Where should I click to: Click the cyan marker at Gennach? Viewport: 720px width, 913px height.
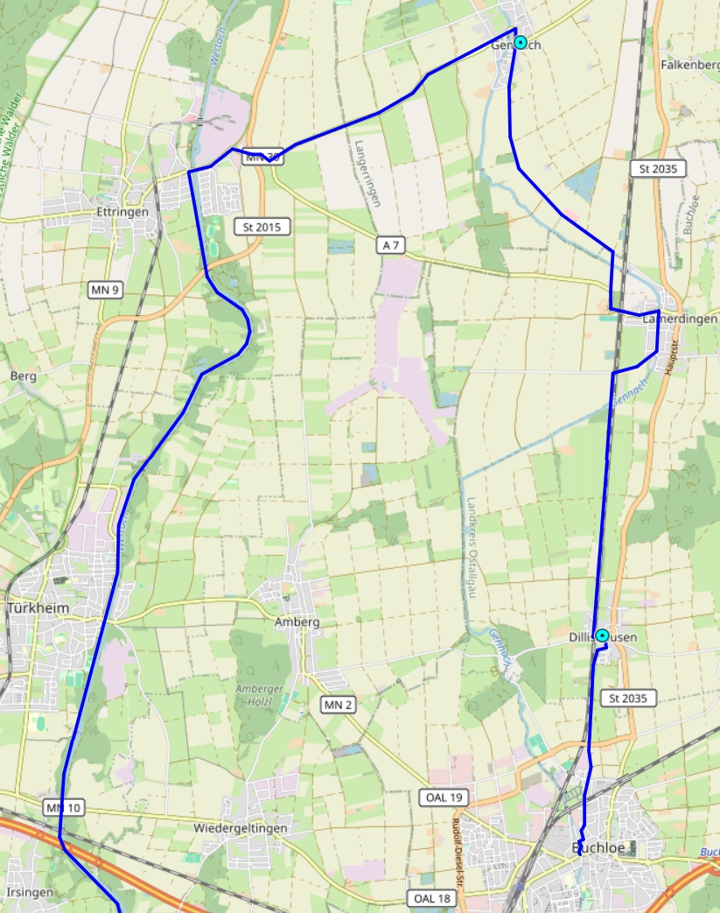tap(521, 42)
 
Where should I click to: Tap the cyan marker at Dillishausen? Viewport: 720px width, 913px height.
tap(602, 636)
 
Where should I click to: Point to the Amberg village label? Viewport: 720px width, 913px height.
tap(297, 622)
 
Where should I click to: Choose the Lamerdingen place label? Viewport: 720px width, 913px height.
tap(680, 320)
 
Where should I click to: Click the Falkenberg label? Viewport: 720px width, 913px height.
tap(690, 65)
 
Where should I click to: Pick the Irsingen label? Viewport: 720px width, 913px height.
tap(31, 892)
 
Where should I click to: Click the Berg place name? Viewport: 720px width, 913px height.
tap(23, 376)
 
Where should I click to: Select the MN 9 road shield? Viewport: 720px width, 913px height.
tap(105, 289)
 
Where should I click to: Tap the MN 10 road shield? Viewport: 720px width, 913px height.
tap(64, 807)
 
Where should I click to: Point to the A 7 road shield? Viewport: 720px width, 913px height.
tap(391, 245)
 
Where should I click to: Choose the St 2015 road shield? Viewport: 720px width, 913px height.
tap(262, 227)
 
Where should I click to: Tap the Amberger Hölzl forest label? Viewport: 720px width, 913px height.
tap(260, 694)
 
